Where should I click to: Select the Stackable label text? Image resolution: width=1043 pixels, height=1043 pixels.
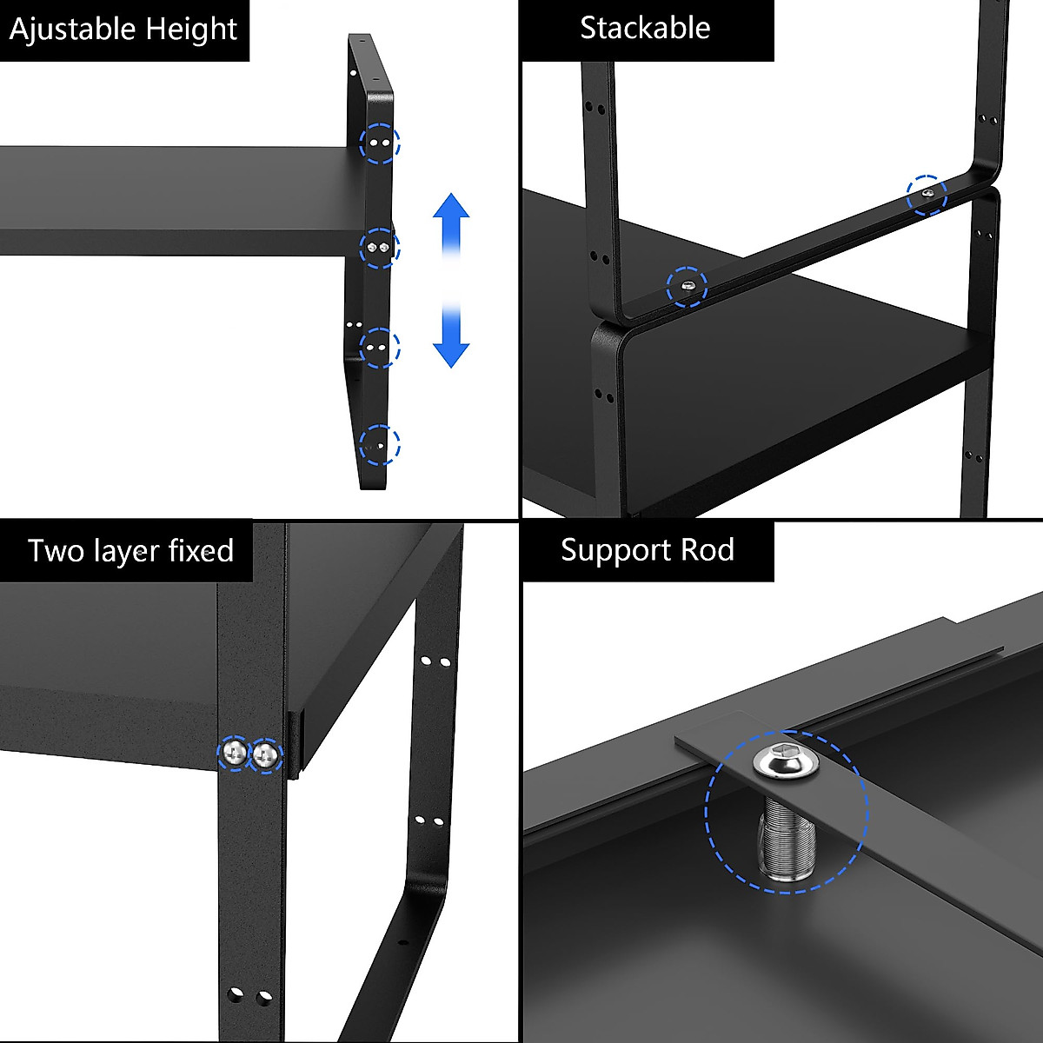point(645,29)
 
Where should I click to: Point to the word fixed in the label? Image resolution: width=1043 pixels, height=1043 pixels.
point(201,551)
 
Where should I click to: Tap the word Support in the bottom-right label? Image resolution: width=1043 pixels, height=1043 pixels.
point(615,550)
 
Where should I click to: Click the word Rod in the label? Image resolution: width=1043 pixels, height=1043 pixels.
point(711,550)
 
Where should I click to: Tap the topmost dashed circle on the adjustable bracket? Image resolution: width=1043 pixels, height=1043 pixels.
point(380,143)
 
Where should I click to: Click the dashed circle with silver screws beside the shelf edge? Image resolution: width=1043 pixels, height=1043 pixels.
point(380,249)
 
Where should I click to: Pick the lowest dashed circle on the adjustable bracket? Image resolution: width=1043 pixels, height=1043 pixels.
point(380,443)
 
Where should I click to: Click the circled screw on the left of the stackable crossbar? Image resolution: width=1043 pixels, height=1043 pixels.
point(687,287)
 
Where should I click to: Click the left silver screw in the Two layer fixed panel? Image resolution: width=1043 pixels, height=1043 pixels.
point(234,753)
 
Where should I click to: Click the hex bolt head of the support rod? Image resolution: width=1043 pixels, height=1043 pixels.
point(781,763)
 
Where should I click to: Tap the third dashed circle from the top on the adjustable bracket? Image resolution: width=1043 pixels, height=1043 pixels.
point(380,348)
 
